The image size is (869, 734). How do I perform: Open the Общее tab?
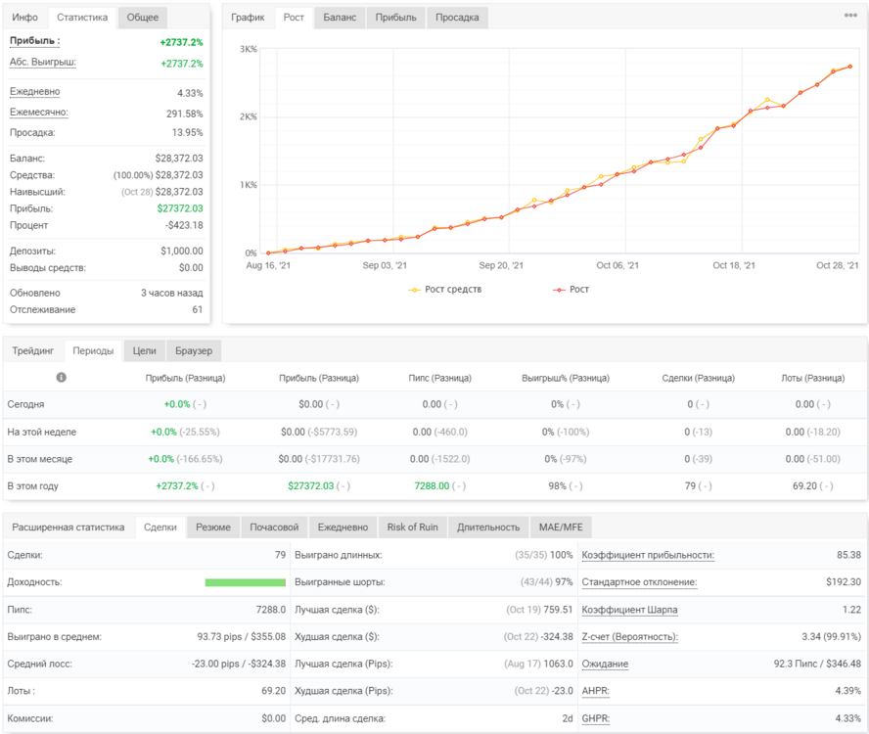click(x=143, y=18)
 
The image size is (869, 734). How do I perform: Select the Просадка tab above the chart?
click(x=457, y=18)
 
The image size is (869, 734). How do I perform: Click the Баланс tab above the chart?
click(x=340, y=18)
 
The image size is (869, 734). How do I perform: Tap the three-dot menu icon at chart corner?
click(x=850, y=15)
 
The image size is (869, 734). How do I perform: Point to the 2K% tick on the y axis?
click(x=248, y=117)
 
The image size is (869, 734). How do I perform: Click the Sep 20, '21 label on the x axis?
click(x=501, y=265)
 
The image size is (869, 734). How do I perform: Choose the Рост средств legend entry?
click(x=444, y=290)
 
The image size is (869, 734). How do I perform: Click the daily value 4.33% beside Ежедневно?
click(x=190, y=93)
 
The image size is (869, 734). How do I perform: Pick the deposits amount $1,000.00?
click(x=182, y=252)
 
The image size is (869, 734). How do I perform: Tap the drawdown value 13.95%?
click(x=187, y=132)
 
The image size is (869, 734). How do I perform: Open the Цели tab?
click(x=144, y=351)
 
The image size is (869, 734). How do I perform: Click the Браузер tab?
click(x=194, y=351)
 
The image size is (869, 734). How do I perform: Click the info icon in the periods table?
click(x=61, y=378)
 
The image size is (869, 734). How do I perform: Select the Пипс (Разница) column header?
click(x=440, y=378)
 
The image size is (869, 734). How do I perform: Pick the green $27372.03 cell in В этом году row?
click(x=311, y=486)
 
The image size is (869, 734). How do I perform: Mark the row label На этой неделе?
click(x=41, y=432)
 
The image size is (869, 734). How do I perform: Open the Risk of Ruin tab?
click(x=412, y=528)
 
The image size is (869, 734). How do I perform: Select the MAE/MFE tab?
click(x=561, y=528)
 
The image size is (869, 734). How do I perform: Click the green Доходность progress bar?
click(x=245, y=582)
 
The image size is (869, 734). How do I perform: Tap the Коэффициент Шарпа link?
click(x=629, y=610)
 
